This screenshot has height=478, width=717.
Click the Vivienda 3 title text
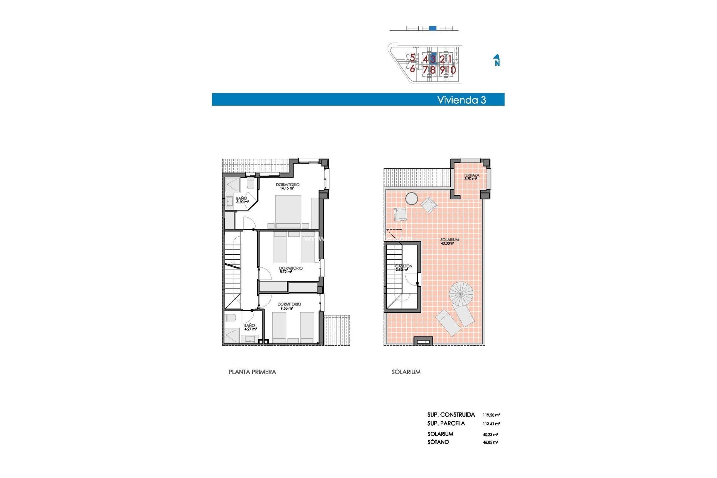click(461, 100)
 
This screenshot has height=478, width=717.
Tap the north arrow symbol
click(497, 60)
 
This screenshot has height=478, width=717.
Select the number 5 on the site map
click(412, 58)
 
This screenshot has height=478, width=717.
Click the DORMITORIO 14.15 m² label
click(287, 186)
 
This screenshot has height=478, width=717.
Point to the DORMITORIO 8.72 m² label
click(291, 270)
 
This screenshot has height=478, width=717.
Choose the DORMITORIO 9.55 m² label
click(289, 306)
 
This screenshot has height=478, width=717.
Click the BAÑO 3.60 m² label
click(242, 200)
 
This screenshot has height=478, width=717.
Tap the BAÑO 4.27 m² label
click(249, 327)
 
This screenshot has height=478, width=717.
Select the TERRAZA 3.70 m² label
click(471, 177)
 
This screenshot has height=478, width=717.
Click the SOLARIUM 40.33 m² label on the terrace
click(449, 241)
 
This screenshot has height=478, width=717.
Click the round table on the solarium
click(412, 198)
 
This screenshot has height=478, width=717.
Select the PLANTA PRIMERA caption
click(252, 372)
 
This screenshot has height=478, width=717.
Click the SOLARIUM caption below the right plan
click(406, 372)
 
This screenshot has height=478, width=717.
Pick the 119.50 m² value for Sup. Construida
click(491, 415)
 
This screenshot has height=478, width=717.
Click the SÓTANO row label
click(438, 442)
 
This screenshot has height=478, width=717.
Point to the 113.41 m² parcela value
click(491, 424)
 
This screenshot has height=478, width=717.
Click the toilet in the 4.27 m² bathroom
click(230, 318)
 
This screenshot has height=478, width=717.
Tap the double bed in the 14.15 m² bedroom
click(288, 211)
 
